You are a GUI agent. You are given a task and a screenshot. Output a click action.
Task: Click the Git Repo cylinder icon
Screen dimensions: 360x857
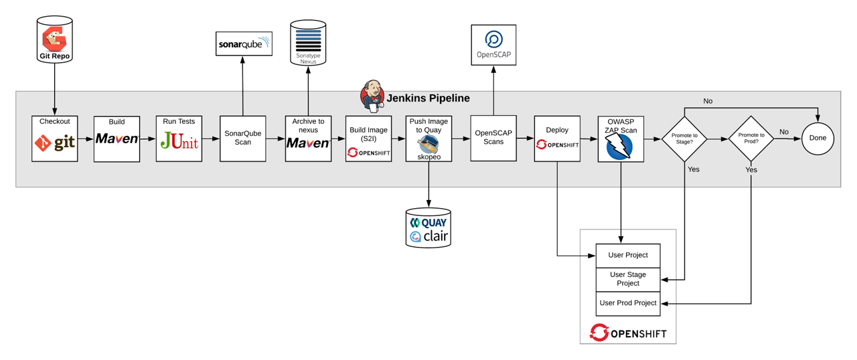[55, 39]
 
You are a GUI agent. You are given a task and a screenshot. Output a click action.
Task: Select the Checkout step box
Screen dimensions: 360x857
[55, 139]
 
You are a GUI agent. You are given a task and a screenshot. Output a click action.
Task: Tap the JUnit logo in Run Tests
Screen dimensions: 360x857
[179, 141]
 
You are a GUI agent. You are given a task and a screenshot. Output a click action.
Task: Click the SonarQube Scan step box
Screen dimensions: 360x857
[242, 139]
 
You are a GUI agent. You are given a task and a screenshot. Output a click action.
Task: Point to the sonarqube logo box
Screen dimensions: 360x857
[244, 44]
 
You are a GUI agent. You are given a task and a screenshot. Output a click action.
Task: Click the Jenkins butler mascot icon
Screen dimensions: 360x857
[372, 96]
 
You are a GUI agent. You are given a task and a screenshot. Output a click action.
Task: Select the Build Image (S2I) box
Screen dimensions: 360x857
[368, 139]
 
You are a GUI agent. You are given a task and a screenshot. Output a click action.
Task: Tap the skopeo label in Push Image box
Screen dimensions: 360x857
[428, 156]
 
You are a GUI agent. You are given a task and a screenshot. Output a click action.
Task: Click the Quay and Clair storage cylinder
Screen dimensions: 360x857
[428, 229]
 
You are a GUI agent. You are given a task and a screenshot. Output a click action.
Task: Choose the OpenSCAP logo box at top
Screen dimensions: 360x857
[493, 45]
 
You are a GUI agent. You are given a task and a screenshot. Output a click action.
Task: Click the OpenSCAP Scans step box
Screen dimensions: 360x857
[493, 138]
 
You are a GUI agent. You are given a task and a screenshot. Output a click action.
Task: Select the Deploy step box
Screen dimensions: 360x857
[557, 139]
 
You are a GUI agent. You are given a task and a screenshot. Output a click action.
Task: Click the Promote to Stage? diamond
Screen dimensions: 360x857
[684, 139]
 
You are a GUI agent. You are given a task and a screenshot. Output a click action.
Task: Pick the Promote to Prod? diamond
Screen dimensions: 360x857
[751, 139]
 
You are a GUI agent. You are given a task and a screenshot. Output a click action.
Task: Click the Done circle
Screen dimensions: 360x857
[817, 139]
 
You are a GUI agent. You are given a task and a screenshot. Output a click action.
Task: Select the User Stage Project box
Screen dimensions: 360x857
[628, 279]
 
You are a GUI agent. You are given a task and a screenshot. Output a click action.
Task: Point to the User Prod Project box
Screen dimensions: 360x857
[628, 303]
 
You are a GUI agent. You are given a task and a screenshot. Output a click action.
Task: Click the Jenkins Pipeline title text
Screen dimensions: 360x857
[428, 98]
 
